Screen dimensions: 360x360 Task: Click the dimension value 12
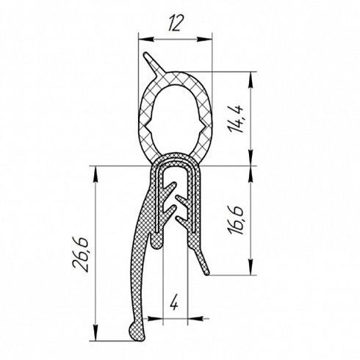coord(175,24)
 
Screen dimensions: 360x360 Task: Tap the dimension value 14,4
coord(236,119)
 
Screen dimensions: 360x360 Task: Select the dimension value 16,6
coord(236,220)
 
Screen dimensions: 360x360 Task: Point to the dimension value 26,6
coord(81,254)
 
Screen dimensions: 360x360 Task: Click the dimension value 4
coord(175,303)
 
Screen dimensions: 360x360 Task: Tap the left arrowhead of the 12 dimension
coord(146,39)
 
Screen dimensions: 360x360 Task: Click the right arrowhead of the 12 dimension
coord(204,39)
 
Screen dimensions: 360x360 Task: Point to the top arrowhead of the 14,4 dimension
coord(251,79)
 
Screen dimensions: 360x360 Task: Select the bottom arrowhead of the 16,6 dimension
coord(251,267)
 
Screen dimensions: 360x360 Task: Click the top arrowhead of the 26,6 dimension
coord(96,174)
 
